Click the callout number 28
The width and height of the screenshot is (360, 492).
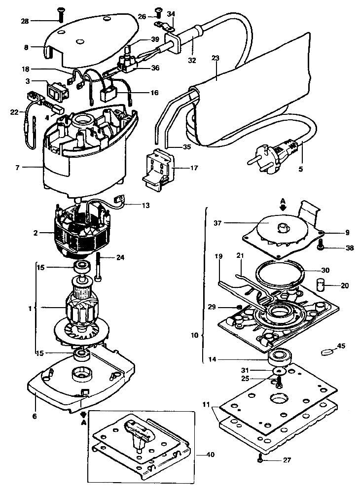pos(25,21)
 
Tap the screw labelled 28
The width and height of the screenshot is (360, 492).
pos(60,15)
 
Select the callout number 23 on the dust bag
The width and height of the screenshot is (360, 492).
pos(216,58)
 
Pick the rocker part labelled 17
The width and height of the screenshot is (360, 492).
pos(157,169)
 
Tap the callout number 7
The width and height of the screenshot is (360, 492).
pos(18,168)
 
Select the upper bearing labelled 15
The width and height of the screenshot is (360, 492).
pos(82,267)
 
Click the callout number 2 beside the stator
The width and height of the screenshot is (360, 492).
pos(36,233)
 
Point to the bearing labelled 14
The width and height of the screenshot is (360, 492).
pos(278,358)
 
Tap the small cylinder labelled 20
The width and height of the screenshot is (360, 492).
pos(320,285)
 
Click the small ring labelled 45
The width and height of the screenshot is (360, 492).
pos(326,352)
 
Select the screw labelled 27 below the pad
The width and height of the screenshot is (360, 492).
pos(260,460)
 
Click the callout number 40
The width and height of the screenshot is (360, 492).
pos(211,454)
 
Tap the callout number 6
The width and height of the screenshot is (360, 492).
pos(35,417)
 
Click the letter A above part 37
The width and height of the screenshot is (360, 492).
pos(283,200)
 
